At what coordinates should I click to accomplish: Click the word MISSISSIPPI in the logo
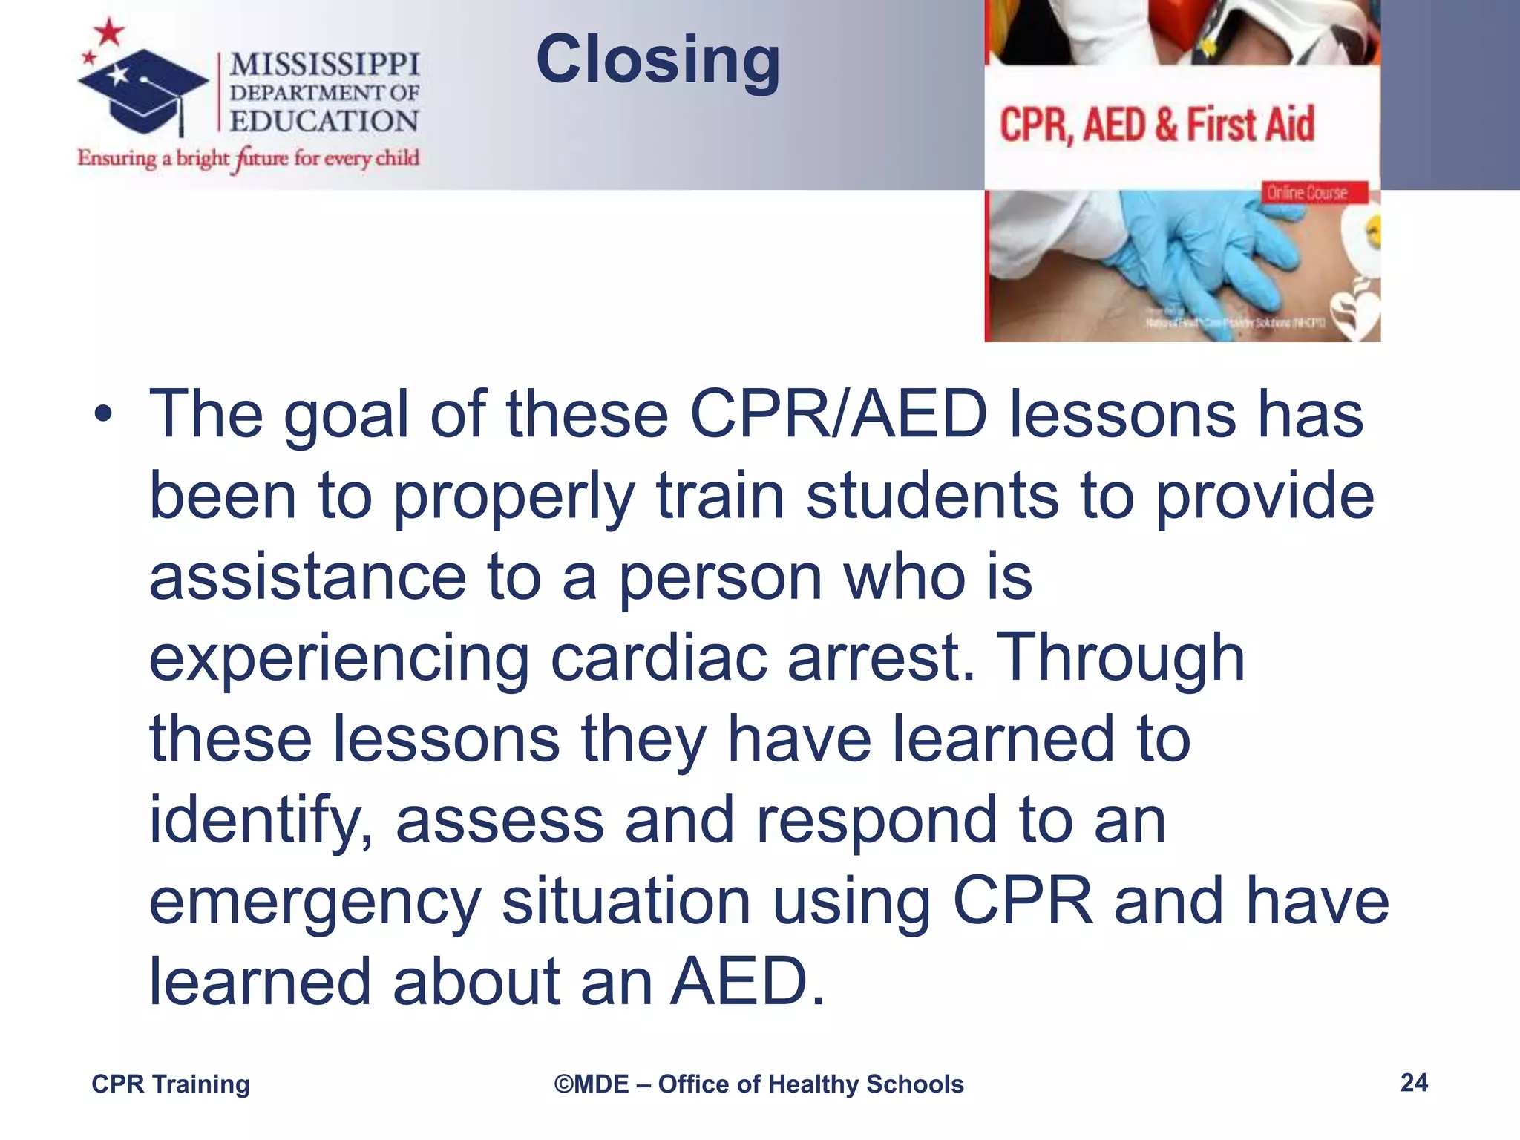tap(324, 65)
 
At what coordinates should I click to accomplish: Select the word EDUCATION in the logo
tap(324, 121)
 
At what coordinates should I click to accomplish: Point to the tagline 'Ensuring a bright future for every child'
tap(249, 158)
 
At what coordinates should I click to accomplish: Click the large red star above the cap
tap(110, 32)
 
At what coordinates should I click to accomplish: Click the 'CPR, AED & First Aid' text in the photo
tap(1156, 125)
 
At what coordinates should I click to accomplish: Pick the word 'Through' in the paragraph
tap(1120, 658)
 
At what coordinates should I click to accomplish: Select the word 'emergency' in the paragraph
tap(315, 901)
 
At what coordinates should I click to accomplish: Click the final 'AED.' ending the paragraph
tap(747, 981)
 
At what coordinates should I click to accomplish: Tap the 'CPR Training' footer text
tap(171, 1084)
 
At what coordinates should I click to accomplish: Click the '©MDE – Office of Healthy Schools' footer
tap(759, 1084)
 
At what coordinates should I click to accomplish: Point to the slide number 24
tap(1414, 1083)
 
